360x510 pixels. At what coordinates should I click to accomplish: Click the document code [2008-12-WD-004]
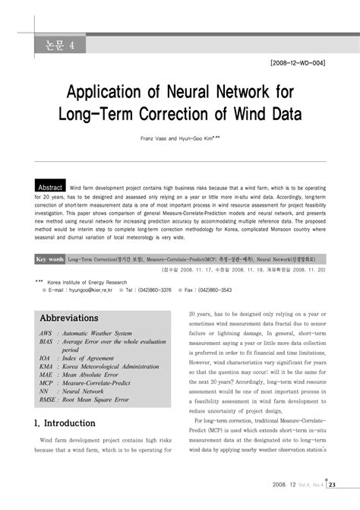click(x=292, y=62)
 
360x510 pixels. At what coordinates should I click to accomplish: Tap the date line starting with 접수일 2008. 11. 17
click(x=243, y=271)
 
